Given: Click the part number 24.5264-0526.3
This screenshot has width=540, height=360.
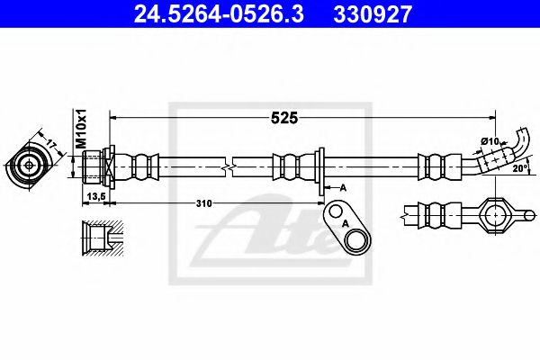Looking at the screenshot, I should tap(206, 13).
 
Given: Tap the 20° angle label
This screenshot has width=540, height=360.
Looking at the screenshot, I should tap(519, 168).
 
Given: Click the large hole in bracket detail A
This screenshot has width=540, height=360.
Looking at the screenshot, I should tap(354, 238).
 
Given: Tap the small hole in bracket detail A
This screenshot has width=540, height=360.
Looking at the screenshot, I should tap(336, 212).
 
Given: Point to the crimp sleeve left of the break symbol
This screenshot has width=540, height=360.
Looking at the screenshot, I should tap(143, 166).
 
